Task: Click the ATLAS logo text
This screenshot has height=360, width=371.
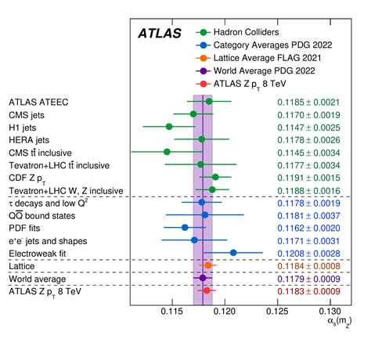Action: click(160, 34)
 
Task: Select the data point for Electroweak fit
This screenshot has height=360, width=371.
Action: click(233, 252)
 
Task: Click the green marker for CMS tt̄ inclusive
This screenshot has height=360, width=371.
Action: click(167, 151)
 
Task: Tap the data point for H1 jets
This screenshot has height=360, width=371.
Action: click(168, 126)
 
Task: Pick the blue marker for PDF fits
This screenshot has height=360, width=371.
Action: click(185, 227)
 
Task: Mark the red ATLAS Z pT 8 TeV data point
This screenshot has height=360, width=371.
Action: click(207, 290)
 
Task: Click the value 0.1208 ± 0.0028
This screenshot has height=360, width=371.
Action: click(308, 253)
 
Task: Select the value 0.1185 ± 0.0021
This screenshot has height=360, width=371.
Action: click(308, 102)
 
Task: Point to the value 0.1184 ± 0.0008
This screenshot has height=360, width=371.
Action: click(308, 265)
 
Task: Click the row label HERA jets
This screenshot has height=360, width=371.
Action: click(31, 139)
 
